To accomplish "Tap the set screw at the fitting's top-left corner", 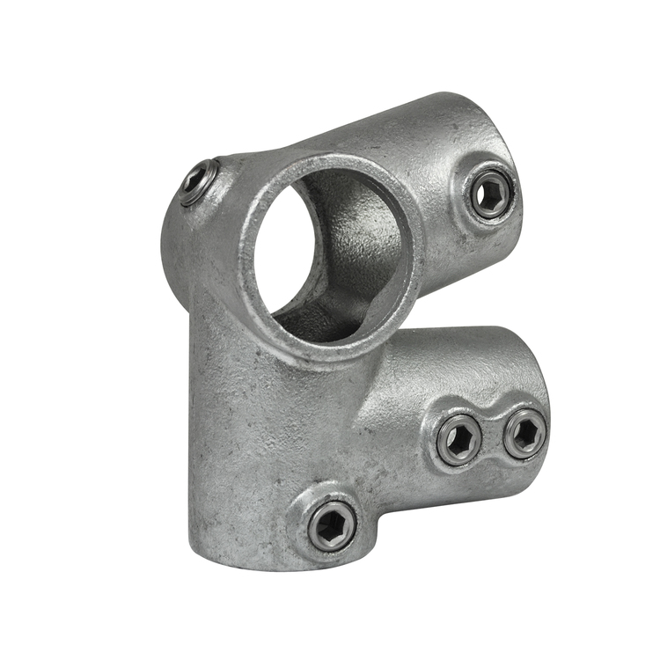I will (199, 182).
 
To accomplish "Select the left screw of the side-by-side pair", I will (459, 439).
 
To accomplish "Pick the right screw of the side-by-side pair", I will (524, 433).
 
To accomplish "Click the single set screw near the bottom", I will (333, 525).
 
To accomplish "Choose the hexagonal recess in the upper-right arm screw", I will (490, 194).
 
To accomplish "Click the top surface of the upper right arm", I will (387, 132).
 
